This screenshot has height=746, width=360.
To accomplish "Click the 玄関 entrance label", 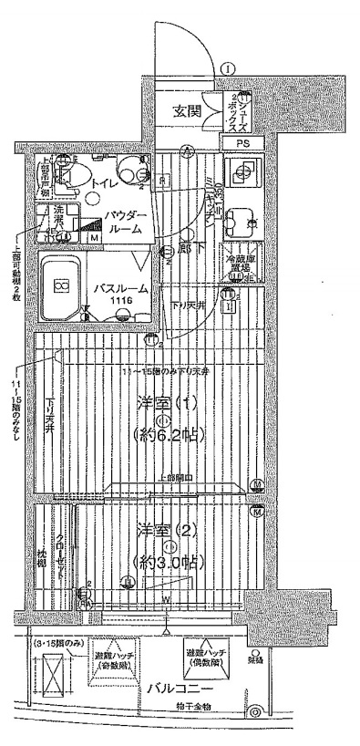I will tap(189, 112).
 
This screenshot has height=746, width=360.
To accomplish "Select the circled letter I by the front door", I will tap(228, 67).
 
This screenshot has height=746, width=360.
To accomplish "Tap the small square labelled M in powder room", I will tap(94, 239).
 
